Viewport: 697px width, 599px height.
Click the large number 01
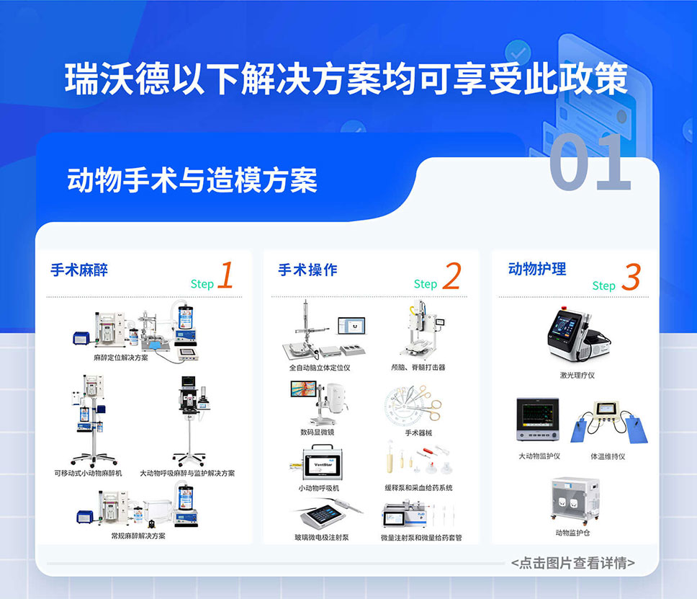[x=590, y=163]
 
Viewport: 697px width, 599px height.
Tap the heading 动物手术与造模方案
[x=192, y=179]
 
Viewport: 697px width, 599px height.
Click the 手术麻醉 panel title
[x=79, y=270]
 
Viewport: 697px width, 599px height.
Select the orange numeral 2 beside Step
[x=451, y=277]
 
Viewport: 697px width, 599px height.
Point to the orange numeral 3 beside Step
[x=630, y=278]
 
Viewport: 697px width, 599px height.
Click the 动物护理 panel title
[x=537, y=269]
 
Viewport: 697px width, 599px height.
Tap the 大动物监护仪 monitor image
[x=539, y=422]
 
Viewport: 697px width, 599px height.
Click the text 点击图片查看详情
[x=572, y=563]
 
